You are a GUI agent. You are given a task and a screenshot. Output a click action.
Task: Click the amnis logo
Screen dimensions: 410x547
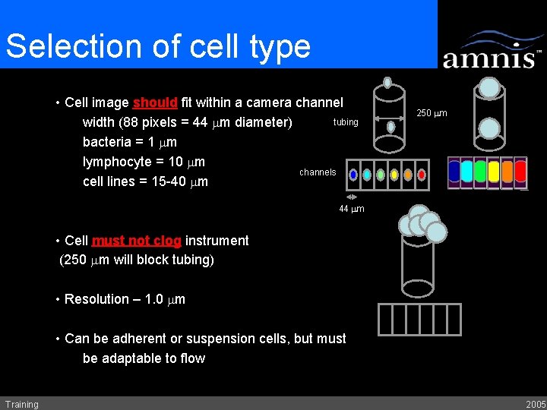492,51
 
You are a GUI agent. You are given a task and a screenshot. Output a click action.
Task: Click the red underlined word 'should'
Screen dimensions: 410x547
155,102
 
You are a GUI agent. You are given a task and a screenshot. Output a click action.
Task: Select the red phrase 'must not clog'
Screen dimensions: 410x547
136,241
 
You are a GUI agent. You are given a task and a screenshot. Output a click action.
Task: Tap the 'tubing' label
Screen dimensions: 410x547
346,122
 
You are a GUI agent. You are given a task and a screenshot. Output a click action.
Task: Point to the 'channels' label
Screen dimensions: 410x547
318,172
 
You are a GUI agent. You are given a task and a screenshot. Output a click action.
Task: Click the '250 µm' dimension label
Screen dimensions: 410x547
432,114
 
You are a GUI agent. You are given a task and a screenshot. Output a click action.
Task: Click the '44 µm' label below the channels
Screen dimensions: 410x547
352,209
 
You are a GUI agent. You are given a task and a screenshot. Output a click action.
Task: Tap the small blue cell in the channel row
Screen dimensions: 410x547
353,175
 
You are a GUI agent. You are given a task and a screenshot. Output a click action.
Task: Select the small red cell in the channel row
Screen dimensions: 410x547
422,175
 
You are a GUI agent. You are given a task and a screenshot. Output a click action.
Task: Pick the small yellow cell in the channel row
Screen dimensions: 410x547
394,175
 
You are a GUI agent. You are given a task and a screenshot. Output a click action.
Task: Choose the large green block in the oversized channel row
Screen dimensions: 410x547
480,171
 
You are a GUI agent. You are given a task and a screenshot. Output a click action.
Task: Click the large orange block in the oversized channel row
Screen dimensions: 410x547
507,171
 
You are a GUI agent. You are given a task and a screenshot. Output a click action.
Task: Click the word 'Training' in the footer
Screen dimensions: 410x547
21,404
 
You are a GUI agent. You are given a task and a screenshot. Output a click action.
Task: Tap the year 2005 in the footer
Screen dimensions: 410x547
535,404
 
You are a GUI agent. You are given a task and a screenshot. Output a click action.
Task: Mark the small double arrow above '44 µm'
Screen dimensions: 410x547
352,197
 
